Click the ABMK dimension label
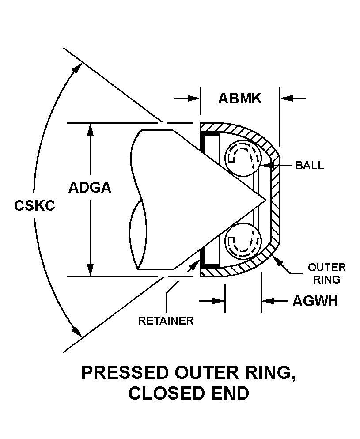(240, 98)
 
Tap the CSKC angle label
(34, 206)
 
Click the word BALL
(309, 166)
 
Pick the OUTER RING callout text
(326, 273)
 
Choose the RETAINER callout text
(166, 321)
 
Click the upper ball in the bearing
(242, 158)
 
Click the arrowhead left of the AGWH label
(267, 301)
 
